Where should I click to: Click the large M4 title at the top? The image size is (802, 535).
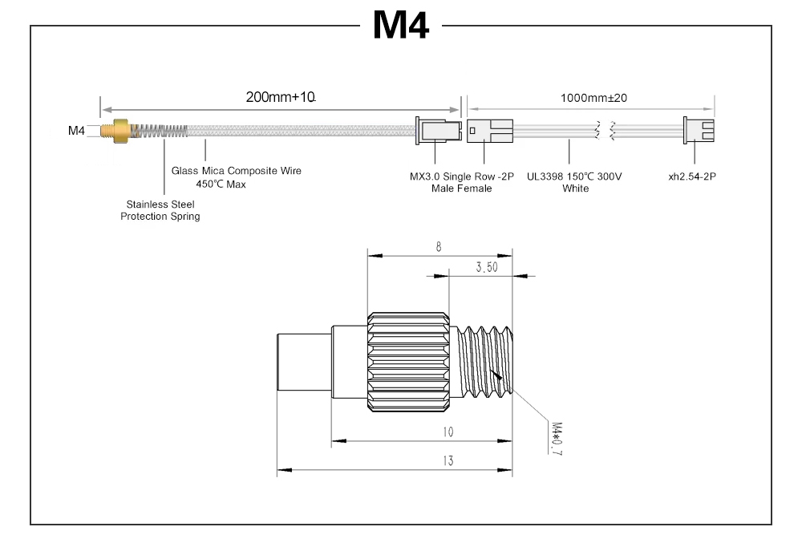400,25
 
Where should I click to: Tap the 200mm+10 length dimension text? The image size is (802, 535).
280,97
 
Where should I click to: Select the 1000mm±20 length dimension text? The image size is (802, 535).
593,98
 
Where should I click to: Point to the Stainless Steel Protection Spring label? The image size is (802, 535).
160,210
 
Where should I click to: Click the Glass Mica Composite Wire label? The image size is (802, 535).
237,171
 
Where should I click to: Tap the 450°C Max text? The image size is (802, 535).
221,184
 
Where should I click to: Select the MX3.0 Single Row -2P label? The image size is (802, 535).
461,176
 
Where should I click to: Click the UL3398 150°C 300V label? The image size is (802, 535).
574,176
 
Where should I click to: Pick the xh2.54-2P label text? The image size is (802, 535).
692,176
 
